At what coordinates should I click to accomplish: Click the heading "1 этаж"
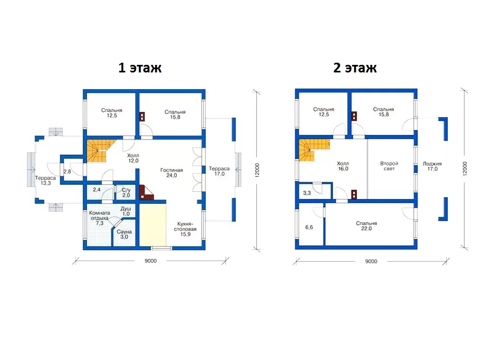140,68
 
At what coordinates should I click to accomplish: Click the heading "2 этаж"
355,68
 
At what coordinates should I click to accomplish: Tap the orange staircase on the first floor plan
98,150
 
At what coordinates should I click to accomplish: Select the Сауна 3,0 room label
124,234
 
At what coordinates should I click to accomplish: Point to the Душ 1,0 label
126,211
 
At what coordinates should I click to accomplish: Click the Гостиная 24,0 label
171,172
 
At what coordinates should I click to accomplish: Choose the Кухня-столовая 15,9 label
185,229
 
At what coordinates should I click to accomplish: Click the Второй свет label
389,166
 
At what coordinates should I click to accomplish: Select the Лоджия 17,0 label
432,166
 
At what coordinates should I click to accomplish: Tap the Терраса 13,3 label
45,181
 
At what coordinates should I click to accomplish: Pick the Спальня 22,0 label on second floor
367,225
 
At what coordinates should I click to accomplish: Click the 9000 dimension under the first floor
150,261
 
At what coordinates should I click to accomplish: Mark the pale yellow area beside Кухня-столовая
152,225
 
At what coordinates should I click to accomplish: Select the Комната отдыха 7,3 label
100,218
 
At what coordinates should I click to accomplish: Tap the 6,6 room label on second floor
309,227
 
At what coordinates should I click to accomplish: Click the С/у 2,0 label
126,192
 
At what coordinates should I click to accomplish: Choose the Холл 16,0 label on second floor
343,166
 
